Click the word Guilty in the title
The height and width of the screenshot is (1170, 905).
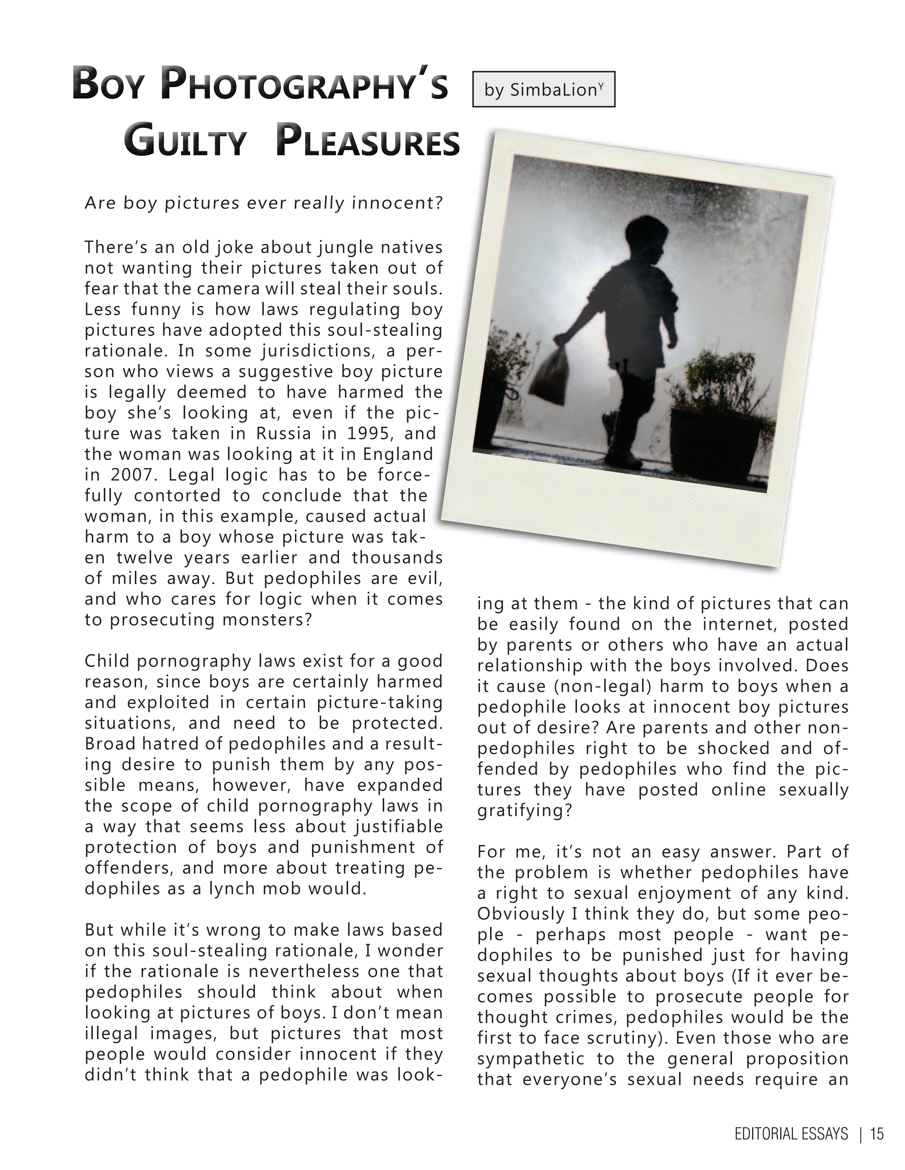pos(185,142)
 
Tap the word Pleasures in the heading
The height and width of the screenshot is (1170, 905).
pos(368,142)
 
